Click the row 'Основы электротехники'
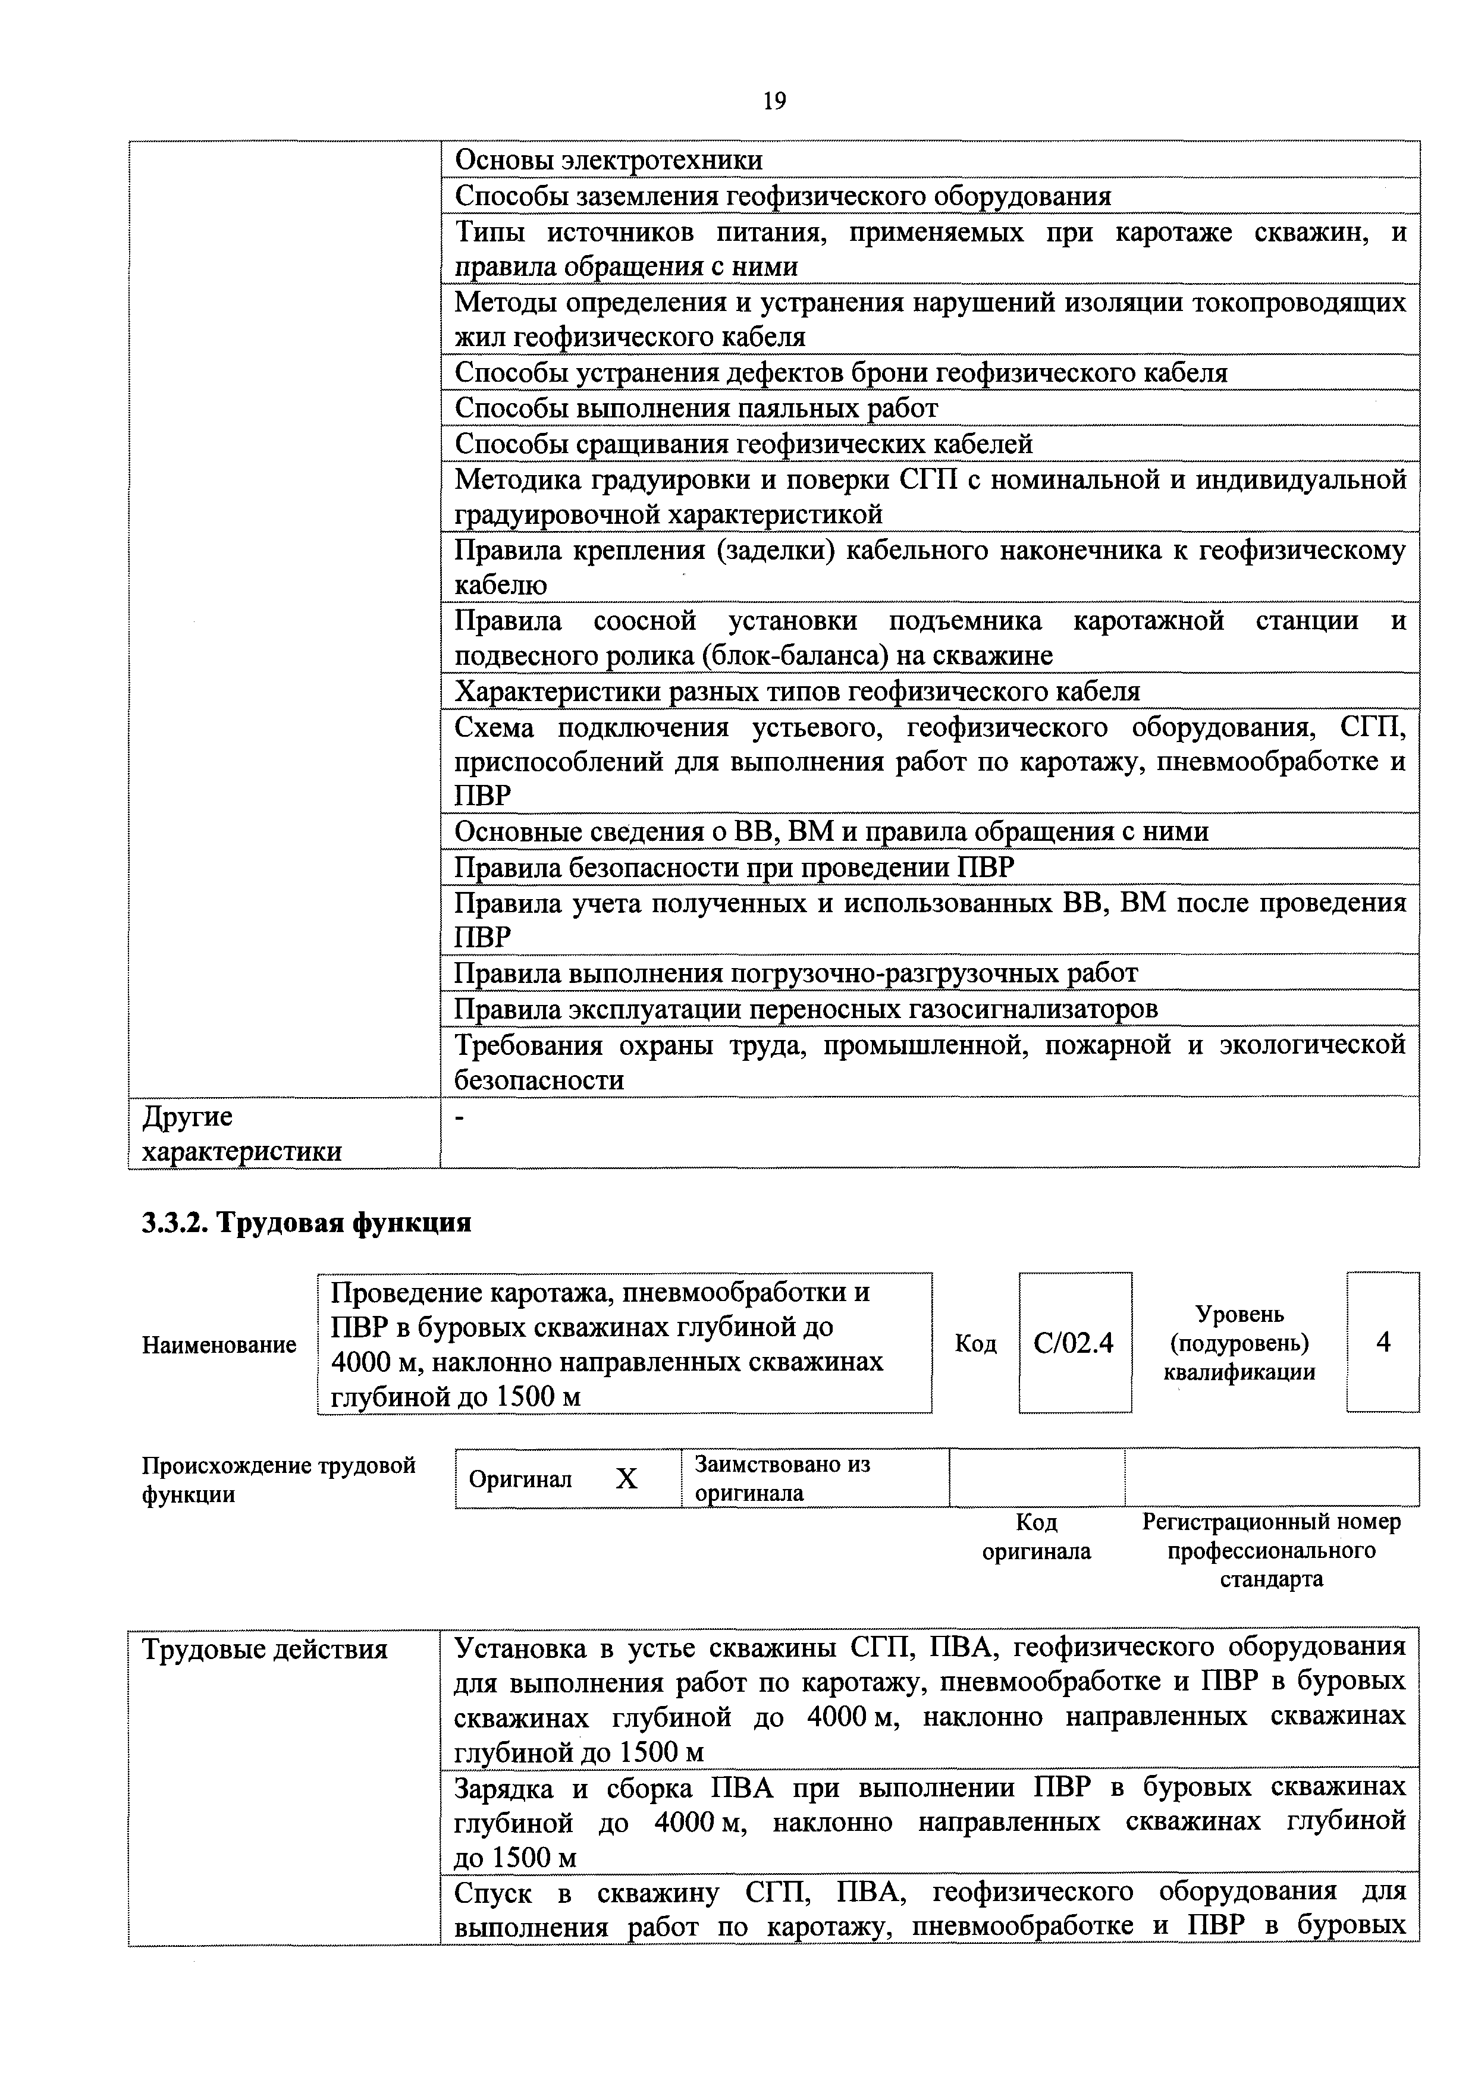(x=608, y=160)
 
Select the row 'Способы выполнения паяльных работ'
(x=695, y=408)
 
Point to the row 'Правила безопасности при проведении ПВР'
(x=733, y=868)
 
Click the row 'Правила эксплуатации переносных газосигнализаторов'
(x=805, y=1009)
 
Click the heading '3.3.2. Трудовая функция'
(x=306, y=1223)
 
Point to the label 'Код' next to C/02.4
(x=975, y=1344)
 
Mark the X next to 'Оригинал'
(x=626, y=1479)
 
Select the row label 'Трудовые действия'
(x=265, y=1649)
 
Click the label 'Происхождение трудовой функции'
(x=278, y=1479)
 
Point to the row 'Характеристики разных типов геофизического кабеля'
(x=796, y=692)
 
